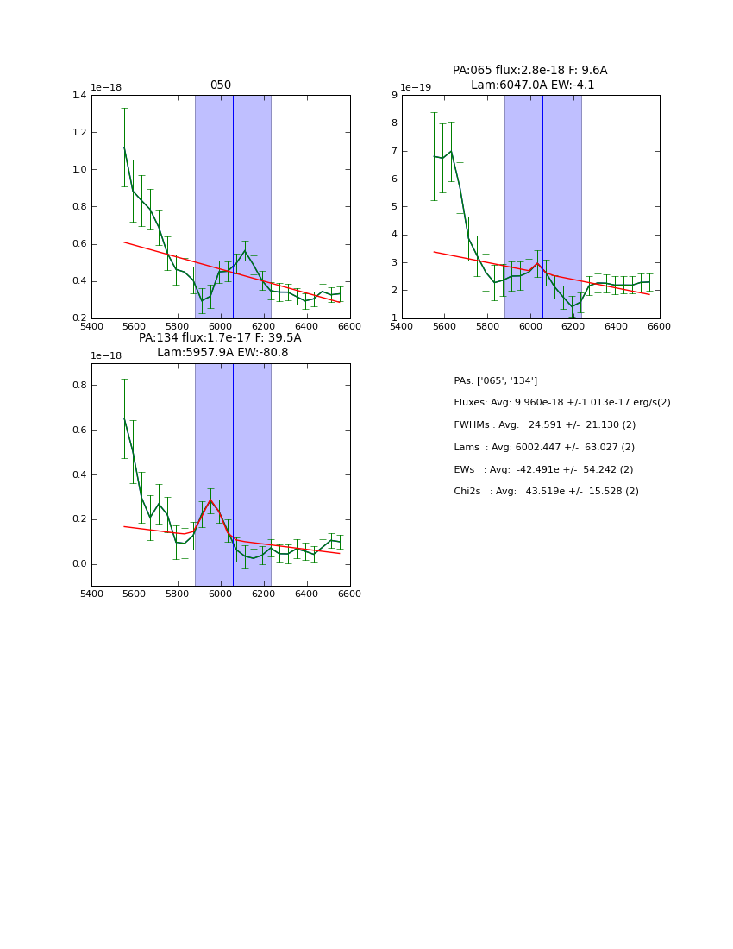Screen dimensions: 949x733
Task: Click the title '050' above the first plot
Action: click(x=221, y=85)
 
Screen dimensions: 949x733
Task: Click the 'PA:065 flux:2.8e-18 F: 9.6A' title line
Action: click(x=529, y=71)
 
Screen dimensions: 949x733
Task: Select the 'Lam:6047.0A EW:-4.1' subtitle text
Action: click(x=532, y=85)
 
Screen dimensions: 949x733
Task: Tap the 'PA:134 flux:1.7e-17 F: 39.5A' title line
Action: click(x=220, y=338)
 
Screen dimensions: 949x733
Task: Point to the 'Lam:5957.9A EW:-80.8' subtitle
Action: click(x=222, y=353)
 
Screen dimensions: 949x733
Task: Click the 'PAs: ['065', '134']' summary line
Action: click(x=495, y=380)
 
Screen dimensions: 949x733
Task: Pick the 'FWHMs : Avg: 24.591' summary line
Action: click(x=544, y=425)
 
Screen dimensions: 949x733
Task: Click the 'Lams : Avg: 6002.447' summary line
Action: click(x=543, y=448)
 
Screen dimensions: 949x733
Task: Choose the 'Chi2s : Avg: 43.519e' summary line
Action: click(x=546, y=492)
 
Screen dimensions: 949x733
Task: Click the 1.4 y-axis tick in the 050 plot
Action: click(x=78, y=96)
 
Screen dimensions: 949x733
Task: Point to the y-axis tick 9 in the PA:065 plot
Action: click(x=393, y=96)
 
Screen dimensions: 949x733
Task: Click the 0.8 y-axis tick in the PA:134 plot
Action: click(x=78, y=386)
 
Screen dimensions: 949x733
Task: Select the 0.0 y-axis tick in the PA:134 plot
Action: click(x=78, y=564)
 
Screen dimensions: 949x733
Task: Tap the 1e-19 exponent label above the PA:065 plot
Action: click(x=415, y=88)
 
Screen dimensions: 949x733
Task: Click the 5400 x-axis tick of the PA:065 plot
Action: click(x=402, y=325)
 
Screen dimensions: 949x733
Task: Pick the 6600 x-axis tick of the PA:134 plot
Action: click(x=349, y=594)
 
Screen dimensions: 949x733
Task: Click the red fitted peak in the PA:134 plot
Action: click(x=210, y=500)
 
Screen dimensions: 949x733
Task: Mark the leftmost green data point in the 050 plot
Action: click(x=124, y=148)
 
